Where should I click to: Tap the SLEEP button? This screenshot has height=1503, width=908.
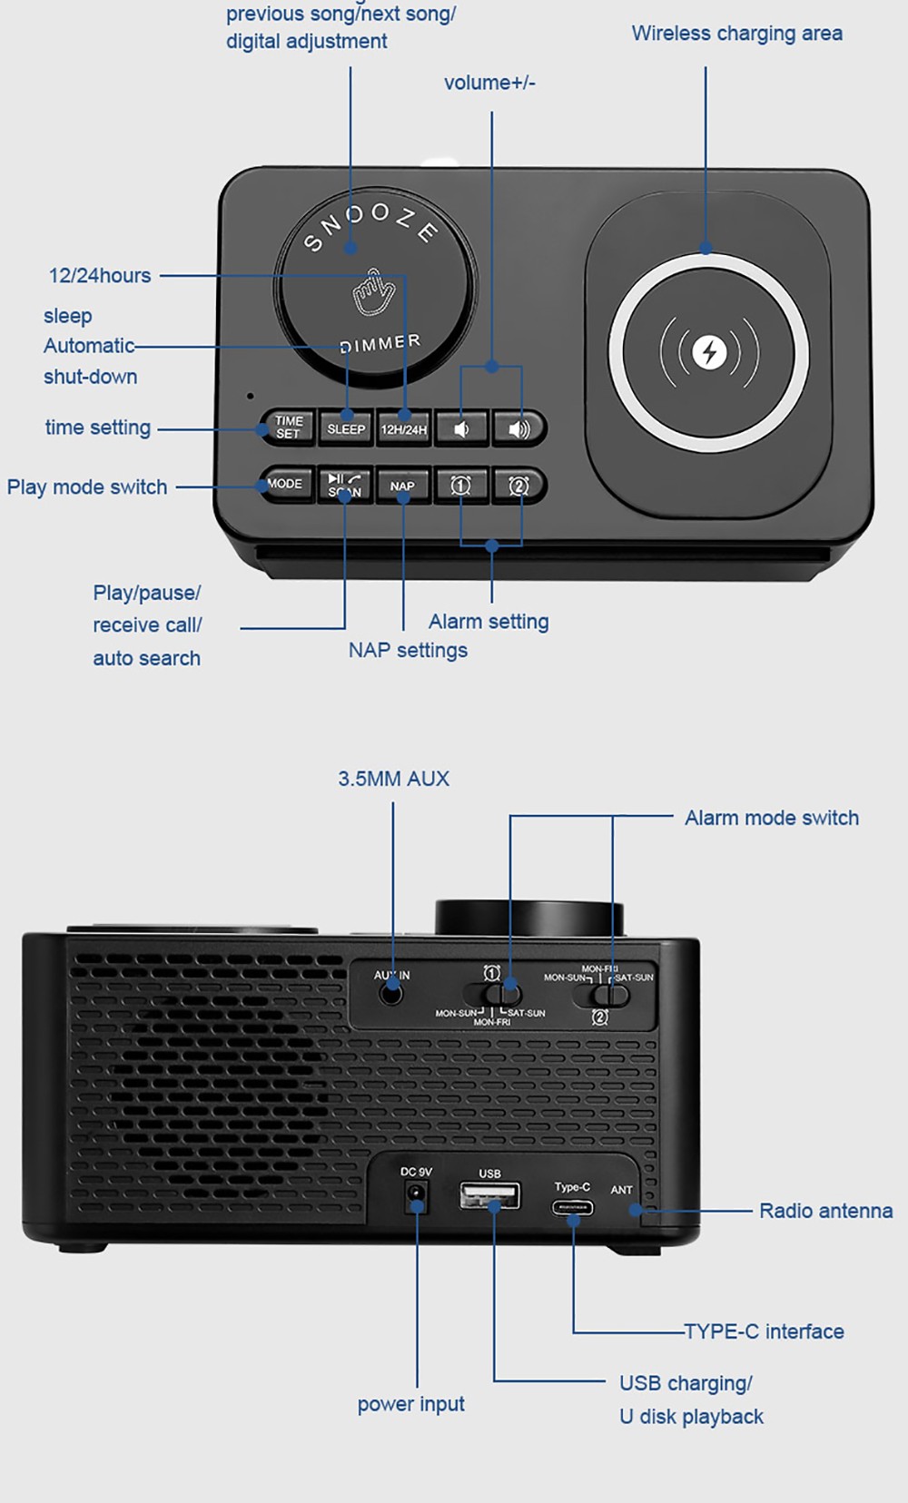[x=346, y=428]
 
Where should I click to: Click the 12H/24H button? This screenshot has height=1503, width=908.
[x=403, y=428]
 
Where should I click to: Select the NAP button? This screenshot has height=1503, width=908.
[x=402, y=486]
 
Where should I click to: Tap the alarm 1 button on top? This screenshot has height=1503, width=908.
[x=461, y=486]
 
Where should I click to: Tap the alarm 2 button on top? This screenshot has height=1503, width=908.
[x=518, y=486]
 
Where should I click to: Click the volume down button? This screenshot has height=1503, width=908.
[x=461, y=428]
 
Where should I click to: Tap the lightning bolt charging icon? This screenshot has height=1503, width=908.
[x=709, y=352]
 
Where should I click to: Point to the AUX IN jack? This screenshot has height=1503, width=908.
[x=391, y=994]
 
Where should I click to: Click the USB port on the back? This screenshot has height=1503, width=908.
[x=490, y=1197]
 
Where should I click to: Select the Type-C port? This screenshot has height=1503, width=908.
[x=573, y=1208]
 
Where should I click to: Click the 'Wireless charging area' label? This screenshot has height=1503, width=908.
[x=736, y=34]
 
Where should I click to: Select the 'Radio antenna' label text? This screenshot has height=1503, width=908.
[x=825, y=1211]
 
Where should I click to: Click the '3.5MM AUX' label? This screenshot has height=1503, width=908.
[x=393, y=779]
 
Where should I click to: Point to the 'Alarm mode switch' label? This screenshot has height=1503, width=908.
[x=771, y=818]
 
